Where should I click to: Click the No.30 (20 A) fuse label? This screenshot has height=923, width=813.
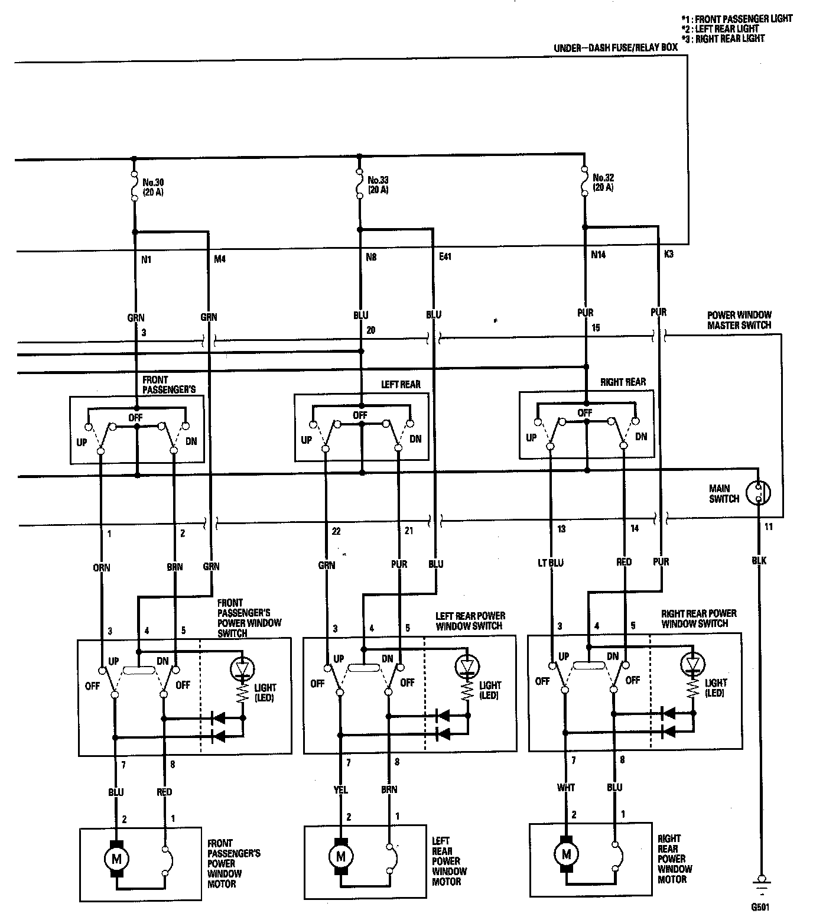point(152,187)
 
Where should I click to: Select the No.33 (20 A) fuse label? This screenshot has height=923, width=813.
point(378,184)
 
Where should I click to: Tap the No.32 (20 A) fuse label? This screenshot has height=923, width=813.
point(603,182)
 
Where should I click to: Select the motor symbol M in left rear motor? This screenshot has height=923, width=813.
point(340,855)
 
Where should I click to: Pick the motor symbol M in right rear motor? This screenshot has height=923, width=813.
point(567,854)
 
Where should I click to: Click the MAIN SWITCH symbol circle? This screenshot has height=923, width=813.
point(758,492)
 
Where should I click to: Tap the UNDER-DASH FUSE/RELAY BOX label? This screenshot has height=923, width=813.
point(616,48)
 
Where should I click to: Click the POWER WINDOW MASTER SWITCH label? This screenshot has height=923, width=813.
point(739,320)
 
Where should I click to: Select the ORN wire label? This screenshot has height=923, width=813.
point(101,567)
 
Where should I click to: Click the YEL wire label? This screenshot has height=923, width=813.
point(341,789)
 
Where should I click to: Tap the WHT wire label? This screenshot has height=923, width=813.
point(565,788)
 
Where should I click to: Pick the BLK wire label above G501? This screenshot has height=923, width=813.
point(759,560)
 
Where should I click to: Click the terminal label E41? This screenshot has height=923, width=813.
point(445,257)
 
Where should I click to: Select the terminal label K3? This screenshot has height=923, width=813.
point(669,254)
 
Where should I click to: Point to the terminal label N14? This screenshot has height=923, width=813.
point(598,255)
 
